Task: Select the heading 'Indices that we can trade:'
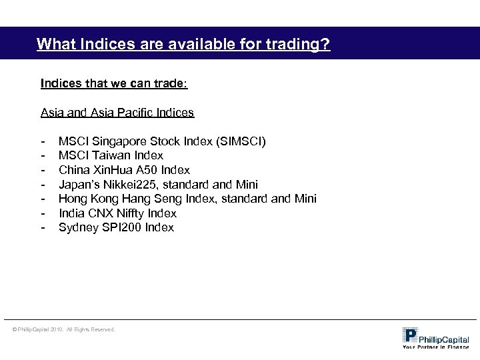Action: [x=114, y=85]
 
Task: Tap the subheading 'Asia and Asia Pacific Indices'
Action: [x=117, y=113]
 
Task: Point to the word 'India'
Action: [x=70, y=213]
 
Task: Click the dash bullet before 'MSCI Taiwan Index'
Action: [x=43, y=156]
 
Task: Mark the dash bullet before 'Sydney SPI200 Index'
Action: [x=43, y=228]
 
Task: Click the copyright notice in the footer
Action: [x=63, y=329]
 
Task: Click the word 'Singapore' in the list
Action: [x=113, y=141]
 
